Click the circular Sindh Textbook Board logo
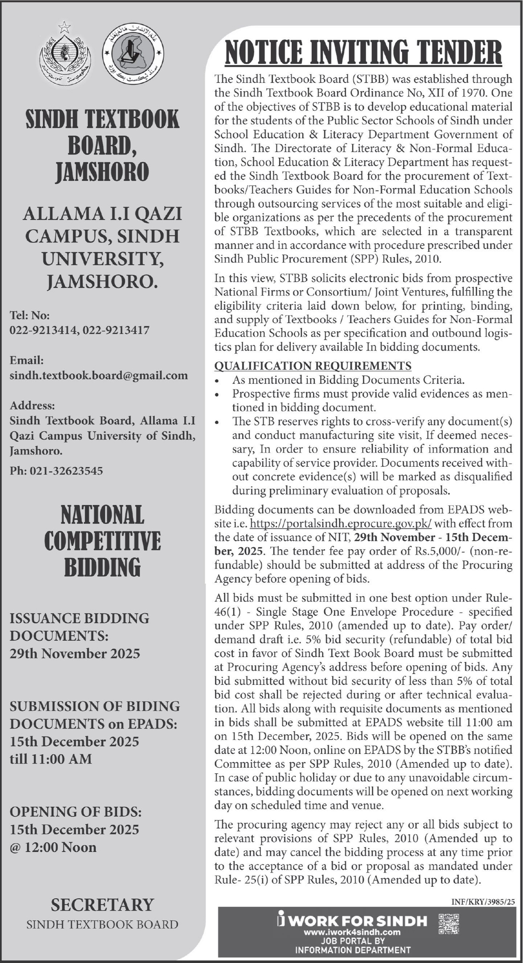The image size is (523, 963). [133, 54]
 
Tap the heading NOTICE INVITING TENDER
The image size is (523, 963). [363, 52]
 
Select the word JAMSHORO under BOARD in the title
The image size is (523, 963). [102, 173]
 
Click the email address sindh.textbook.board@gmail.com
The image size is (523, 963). [99, 375]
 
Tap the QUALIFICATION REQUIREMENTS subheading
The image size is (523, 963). [313, 366]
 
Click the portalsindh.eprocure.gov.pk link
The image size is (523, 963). [341, 524]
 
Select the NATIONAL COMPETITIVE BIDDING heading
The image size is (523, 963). [102, 541]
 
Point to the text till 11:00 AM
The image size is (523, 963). [50, 759]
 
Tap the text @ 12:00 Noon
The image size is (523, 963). [53, 847]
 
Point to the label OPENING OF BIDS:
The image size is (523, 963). [75, 812]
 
